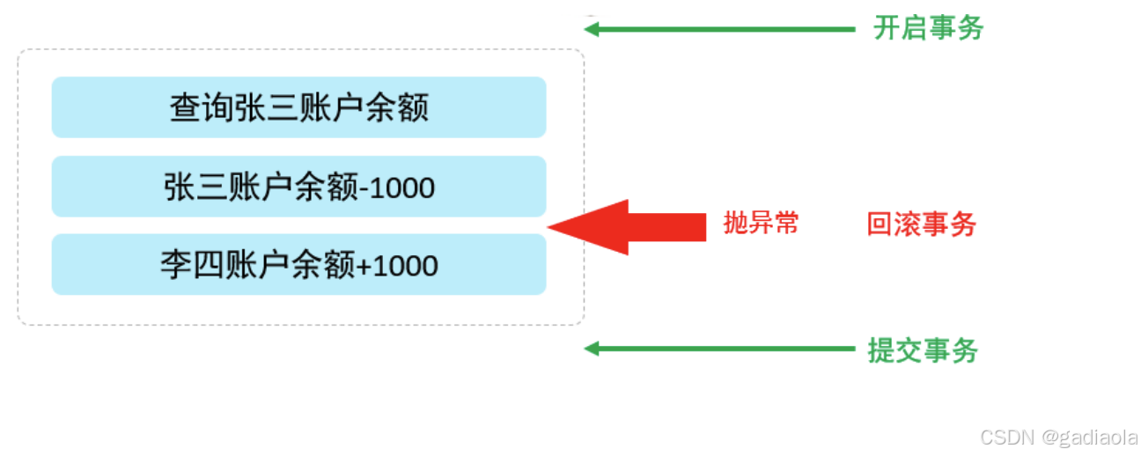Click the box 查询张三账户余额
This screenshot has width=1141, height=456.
pyautogui.click(x=298, y=107)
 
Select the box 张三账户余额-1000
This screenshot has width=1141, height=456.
pyautogui.click(x=298, y=187)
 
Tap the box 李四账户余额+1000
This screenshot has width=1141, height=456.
pyautogui.click(x=298, y=264)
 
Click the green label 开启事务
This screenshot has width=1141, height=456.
pyautogui.click(x=928, y=28)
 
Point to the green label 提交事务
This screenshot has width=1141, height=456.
pyautogui.click(x=923, y=350)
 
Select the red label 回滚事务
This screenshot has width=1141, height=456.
pyautogui.click(x=922, y=224)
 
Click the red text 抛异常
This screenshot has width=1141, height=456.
pyautogui.click(x=761, y=224)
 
